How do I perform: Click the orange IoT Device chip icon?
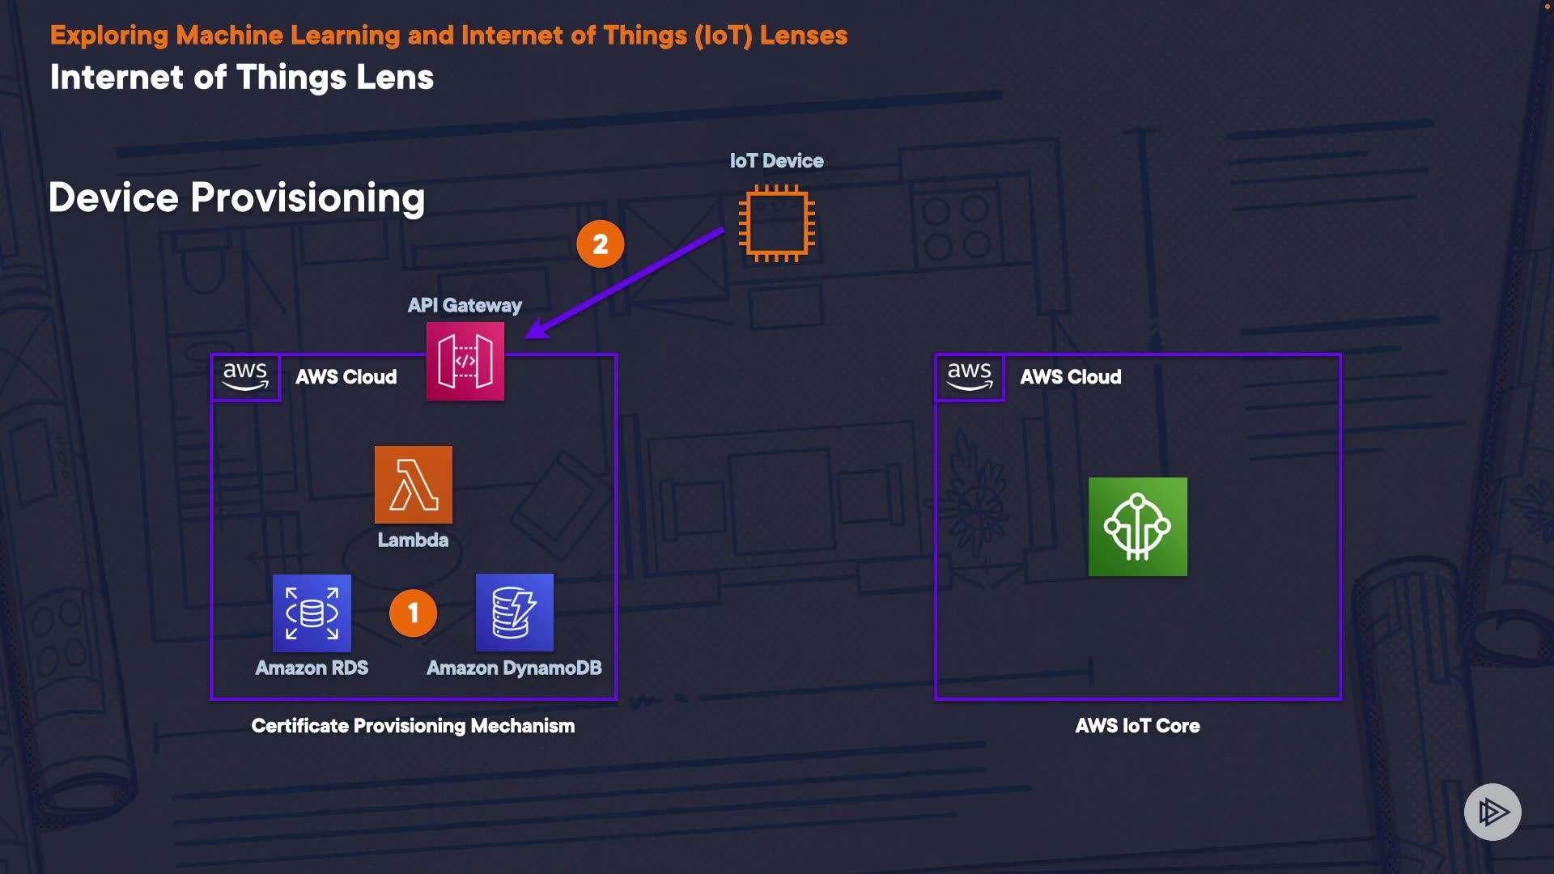point(776,224)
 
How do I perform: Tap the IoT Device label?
point(776,161)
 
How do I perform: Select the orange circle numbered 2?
point(600,244)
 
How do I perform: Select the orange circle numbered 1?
point(413,613)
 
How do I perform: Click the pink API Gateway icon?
point(465,361)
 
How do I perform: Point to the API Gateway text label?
point(465,306)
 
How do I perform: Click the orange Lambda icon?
point(413,484)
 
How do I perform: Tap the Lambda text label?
point(413,540)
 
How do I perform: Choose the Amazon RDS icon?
point(312,613)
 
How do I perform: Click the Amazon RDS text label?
point(312,668)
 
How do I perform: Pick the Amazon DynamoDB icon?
point(515,613)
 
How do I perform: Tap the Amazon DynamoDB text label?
point(514,668)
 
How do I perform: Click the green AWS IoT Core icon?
point(1137,527)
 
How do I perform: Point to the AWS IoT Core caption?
point(1137,726)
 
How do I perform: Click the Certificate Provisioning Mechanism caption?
point(413,726)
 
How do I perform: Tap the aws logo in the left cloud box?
point(245,376)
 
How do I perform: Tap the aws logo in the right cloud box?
point(970,376)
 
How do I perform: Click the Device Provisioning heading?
point(236,198)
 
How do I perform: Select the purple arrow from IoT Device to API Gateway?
point(627,282)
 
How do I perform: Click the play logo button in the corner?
point(1492,812)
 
